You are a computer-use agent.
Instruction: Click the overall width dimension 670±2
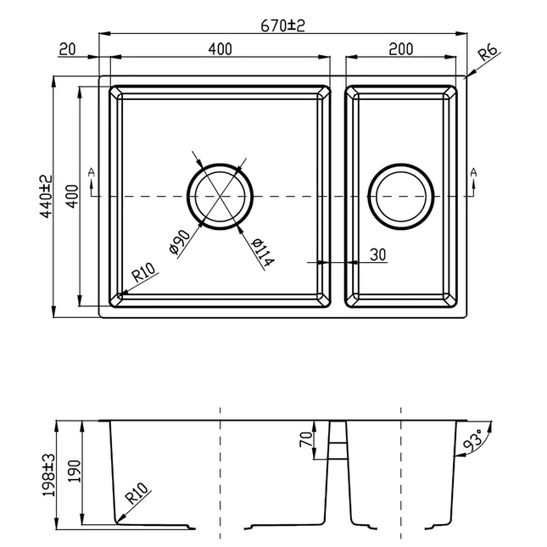coord(282,25)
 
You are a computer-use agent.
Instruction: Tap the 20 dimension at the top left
coord(68,49)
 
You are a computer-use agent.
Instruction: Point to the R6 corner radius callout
coord(488,54)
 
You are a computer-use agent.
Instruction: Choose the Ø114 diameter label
coord(262,252)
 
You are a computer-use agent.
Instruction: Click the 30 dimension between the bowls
coord(377,254)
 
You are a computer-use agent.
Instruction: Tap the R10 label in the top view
coord(142,274)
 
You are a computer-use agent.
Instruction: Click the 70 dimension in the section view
coord(305,439)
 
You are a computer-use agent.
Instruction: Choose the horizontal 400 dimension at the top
coord(219,49)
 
